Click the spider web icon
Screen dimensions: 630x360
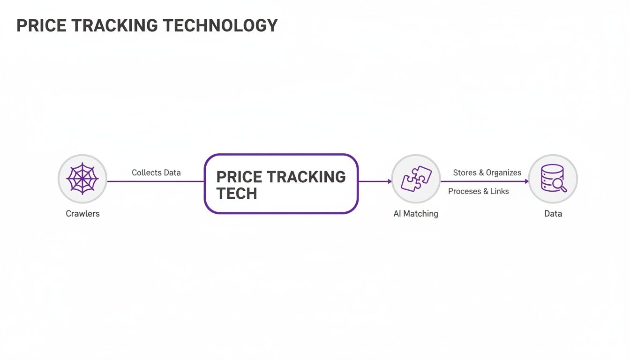pos(82,179)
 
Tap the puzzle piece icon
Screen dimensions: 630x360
pos(416,179)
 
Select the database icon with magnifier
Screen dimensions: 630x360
pos(553,179)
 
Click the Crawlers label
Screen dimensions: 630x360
pos(82,214)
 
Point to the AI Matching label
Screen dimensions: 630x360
pos(416,214)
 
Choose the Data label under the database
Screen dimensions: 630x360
pos(553,214)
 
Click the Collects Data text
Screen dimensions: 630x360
pos(156,172)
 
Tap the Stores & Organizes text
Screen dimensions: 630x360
pos(487,172)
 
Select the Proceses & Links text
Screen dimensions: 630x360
pos(478,191)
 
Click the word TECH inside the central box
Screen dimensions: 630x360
pos(237,193)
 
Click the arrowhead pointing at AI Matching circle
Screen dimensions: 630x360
pos(389,181)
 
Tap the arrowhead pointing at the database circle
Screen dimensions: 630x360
pos(526,181)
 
